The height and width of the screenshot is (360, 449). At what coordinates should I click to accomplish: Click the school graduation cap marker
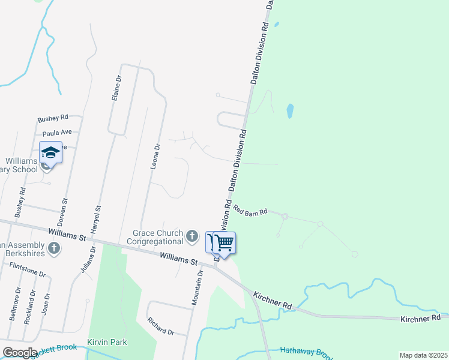point(51,154)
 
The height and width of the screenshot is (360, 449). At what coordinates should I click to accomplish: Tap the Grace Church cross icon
point(192,236)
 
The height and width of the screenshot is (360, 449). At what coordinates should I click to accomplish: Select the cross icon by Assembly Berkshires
point(54,248)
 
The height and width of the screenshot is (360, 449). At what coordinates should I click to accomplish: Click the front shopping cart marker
point(224,244)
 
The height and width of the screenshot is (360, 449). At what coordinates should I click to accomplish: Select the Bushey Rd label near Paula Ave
point(53,118)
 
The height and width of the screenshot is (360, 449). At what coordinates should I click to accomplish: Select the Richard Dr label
point(163,330)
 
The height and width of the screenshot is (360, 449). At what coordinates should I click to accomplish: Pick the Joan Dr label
point(44,304)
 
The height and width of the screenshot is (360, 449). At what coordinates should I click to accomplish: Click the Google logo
point(20,353)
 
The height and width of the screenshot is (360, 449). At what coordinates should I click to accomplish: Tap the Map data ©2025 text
point(423,355)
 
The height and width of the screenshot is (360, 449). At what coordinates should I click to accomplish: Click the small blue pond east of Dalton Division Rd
point(290,110)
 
